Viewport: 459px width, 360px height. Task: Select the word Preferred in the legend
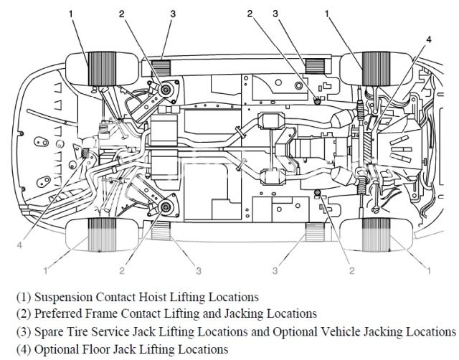tap(60, 313)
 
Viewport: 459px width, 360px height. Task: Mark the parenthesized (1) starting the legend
tap(22, 296)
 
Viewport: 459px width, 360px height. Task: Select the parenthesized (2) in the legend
tap(22, 313)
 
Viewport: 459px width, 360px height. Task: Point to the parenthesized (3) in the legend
tap(22, 331)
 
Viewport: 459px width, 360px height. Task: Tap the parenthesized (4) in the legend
tap(22, 349)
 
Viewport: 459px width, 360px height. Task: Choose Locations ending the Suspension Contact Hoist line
tap(232, 296)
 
